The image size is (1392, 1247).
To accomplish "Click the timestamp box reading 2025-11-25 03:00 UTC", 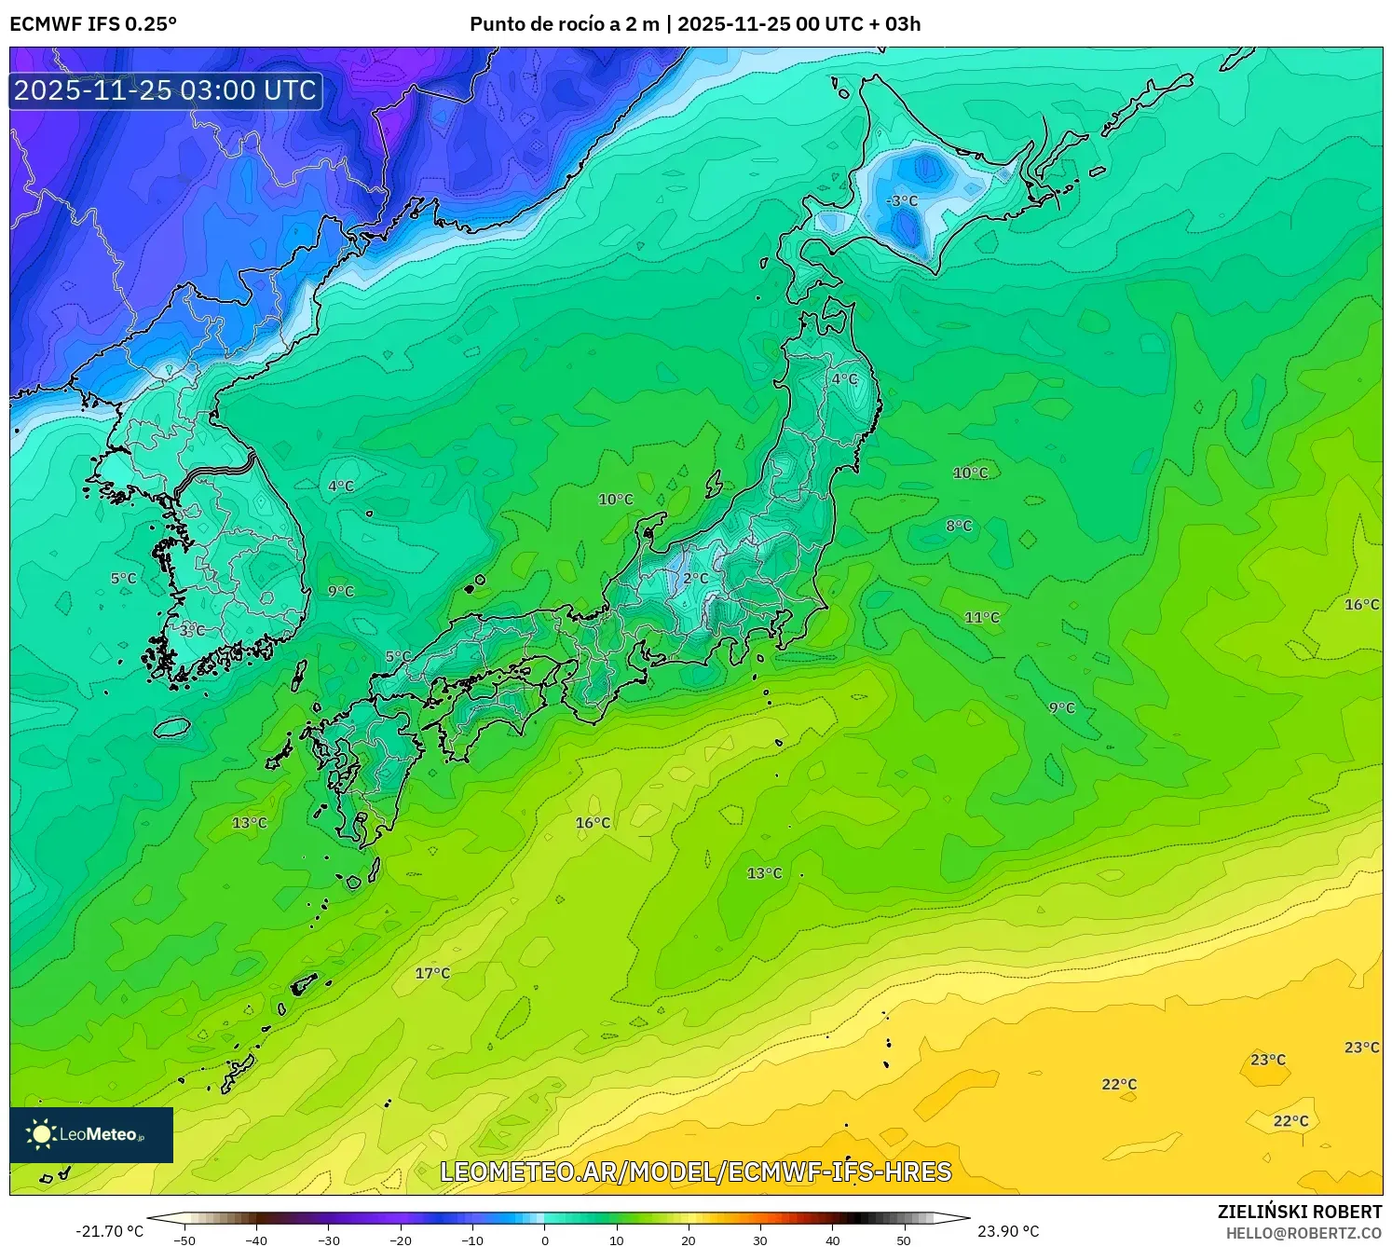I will coord(166,90).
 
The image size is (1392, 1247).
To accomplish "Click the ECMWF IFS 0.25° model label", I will coord(93,24).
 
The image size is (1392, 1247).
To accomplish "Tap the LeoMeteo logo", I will coord(91,1134).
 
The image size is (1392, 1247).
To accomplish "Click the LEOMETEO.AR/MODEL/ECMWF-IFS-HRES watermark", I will coord(695,1172).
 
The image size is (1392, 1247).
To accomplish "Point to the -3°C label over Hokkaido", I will coord(901,200).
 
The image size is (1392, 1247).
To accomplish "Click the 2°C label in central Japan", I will coord(695,578).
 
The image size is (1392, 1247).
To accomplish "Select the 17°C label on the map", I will coord(432,973).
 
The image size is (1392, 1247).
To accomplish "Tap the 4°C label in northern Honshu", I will coord(844,378).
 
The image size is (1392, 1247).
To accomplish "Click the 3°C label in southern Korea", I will coord(192,631).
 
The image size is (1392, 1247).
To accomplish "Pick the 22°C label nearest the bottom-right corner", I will coord(1290,1120).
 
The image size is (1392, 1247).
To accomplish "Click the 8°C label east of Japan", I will coord(959,526).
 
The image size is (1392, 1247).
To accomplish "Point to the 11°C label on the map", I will coord(981,617).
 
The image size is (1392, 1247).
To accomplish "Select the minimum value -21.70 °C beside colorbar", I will coord(109,1231).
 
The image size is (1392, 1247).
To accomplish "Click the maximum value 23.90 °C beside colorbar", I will coord(1008,1231).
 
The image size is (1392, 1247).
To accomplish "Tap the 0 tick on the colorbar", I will coord(545,1240).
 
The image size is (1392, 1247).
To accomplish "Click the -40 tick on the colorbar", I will coord(256,1240).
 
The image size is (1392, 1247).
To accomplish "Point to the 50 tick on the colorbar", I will coord(904,1240).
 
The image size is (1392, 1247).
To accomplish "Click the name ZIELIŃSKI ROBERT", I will coord(1300,1212).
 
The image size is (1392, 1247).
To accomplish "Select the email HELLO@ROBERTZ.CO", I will coord(1303,1233).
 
